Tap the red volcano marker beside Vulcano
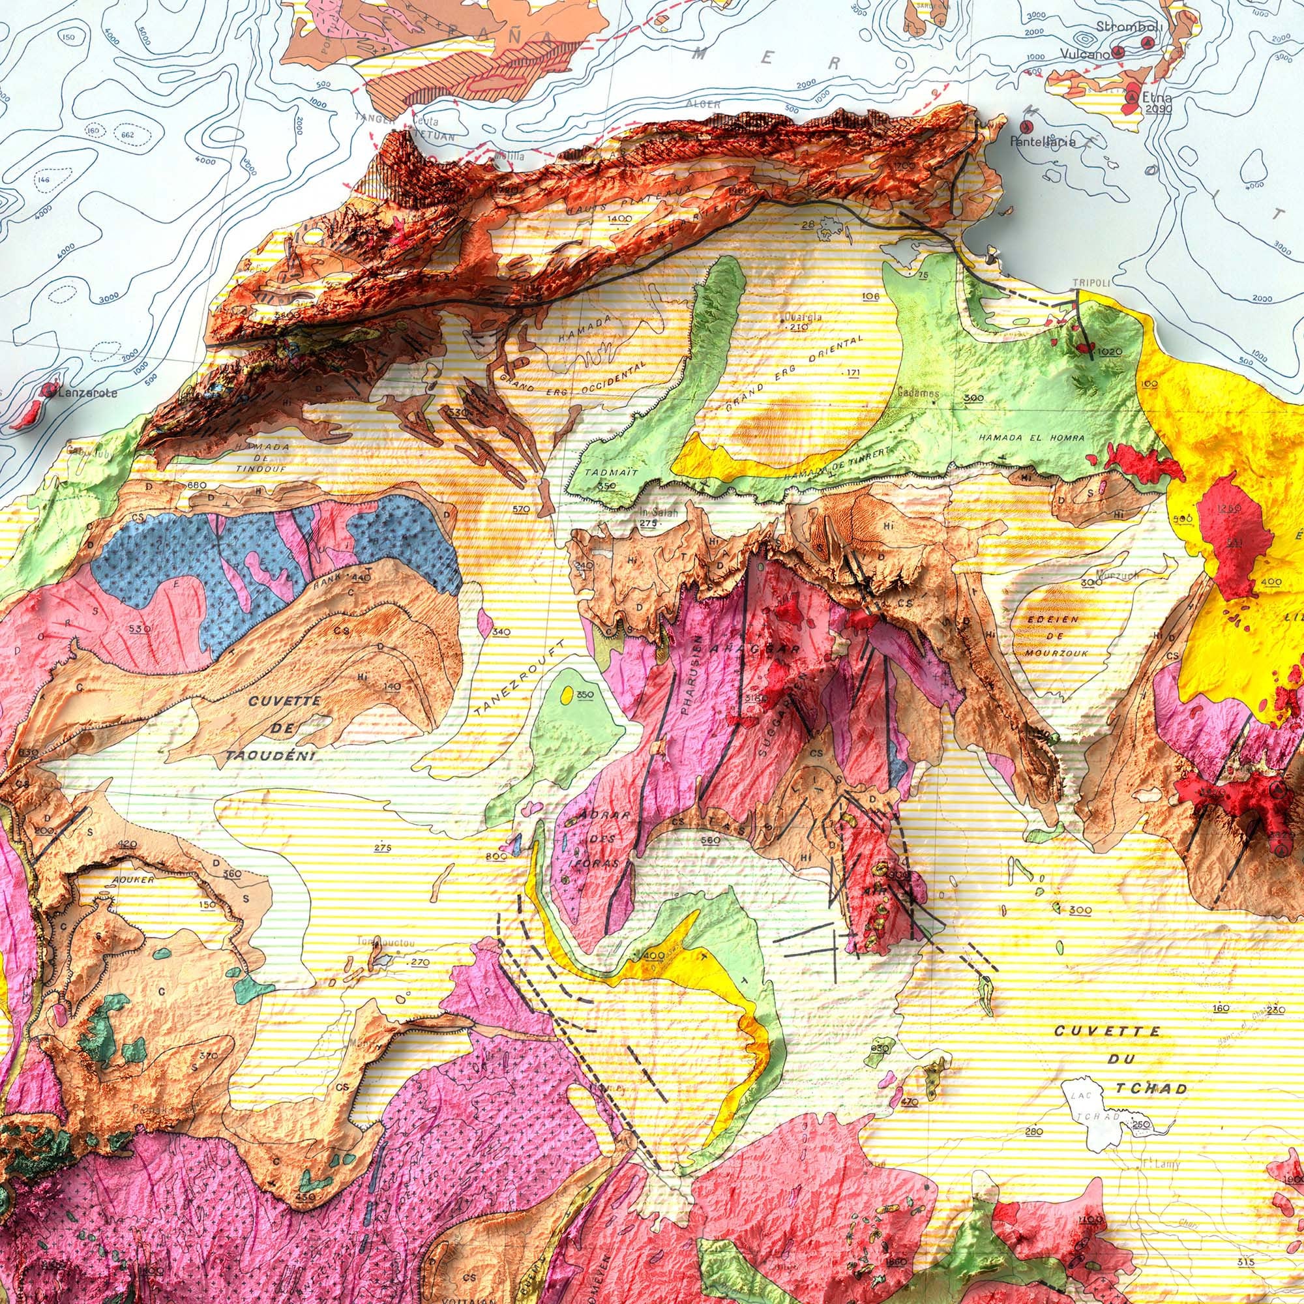pos(1118,52)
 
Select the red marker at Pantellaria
pos(1028,126)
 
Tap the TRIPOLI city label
pos(1091,283)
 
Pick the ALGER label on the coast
pos(703,104)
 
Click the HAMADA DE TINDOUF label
pos(254,458)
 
